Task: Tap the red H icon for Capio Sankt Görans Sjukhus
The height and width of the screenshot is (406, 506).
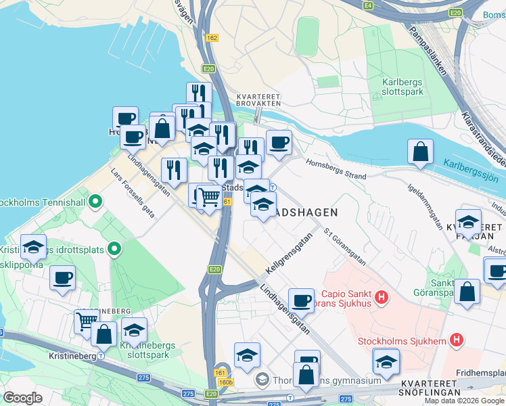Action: point(382,297)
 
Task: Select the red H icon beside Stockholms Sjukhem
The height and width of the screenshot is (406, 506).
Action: point(457,340)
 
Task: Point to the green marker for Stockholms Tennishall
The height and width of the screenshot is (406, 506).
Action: point(95,202)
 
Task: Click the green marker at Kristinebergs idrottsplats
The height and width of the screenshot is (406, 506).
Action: point(114,250)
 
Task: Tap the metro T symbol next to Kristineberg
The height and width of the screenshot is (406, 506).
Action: point(101,355)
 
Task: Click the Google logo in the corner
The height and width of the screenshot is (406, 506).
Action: point(23,398)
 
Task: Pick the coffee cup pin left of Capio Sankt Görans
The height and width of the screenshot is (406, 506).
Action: point(301,300)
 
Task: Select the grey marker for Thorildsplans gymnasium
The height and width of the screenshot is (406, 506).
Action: point(262,380)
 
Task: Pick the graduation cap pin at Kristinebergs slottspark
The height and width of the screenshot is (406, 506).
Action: point(135,331)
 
